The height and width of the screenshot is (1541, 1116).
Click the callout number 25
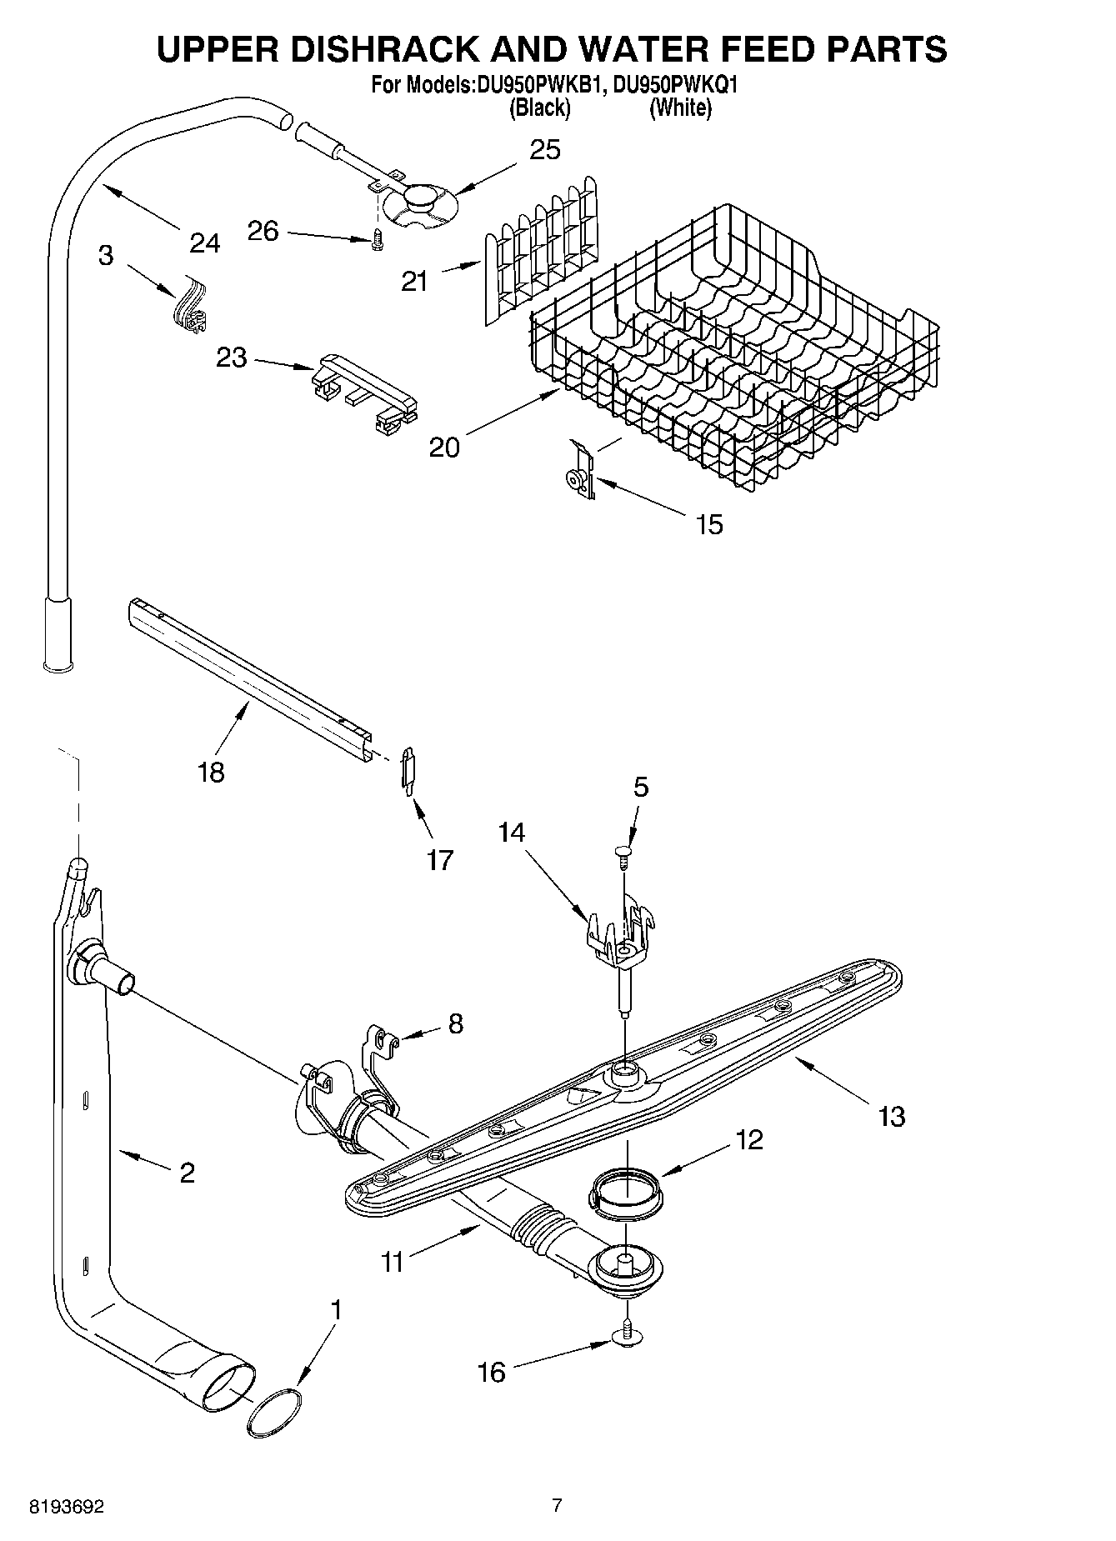545,150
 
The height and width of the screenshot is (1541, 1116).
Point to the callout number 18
212,773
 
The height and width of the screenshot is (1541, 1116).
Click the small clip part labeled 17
408,770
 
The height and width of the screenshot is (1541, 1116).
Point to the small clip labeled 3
191,311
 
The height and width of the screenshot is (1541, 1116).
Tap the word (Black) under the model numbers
540,108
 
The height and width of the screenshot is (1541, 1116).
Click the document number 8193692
67,1506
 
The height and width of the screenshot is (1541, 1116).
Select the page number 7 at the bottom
557,1504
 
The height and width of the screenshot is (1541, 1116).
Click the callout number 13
891,1115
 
